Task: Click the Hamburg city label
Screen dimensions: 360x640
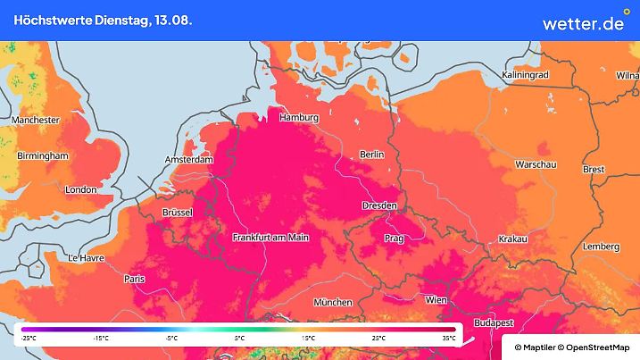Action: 299,118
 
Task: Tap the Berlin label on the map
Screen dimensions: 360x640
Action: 371,155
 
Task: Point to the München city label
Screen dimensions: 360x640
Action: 332,303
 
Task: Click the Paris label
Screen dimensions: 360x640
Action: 135,280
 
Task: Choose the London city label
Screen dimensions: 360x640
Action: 80,189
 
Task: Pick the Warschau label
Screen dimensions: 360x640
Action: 536,165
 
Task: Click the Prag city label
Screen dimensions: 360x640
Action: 394,239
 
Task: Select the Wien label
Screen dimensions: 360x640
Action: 436,300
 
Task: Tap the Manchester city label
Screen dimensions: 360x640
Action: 36,120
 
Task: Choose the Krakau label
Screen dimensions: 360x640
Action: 512,239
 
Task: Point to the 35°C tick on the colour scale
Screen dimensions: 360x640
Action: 449,338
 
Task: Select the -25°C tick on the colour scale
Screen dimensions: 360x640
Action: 29,338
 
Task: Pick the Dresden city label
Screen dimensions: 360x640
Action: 379,206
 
